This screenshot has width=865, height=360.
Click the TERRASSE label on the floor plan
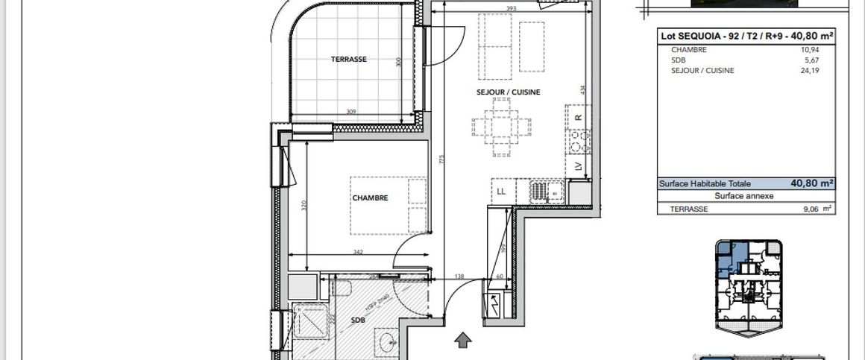tap(348, 60)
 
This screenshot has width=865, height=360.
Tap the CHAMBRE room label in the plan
tap(370, 198)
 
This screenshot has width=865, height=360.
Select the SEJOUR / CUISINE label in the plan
tap(508, 92)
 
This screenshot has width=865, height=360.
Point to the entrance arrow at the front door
tap(463, 341)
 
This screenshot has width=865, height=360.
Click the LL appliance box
tap(501, 192)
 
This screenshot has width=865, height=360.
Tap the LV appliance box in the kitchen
tap(577, 166)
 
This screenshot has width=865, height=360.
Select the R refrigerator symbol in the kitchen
tap(577, 116)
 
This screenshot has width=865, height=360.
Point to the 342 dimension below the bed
tap(358, 253)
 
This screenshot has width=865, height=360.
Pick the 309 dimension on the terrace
tap(350, 112)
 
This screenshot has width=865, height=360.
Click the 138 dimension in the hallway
tap(460, 277)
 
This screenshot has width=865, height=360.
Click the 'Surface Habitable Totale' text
tap(705, 183)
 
